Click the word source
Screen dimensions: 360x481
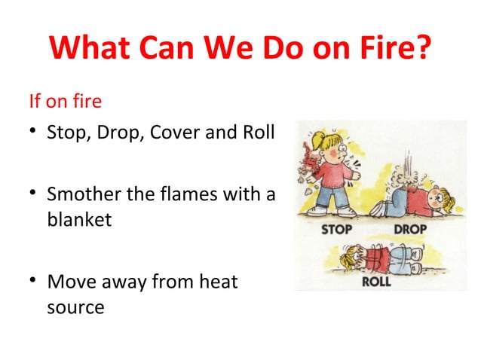pyautogui.click(x=75, y=308)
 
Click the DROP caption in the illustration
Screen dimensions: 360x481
pyautogui.click(x=409, y=228)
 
